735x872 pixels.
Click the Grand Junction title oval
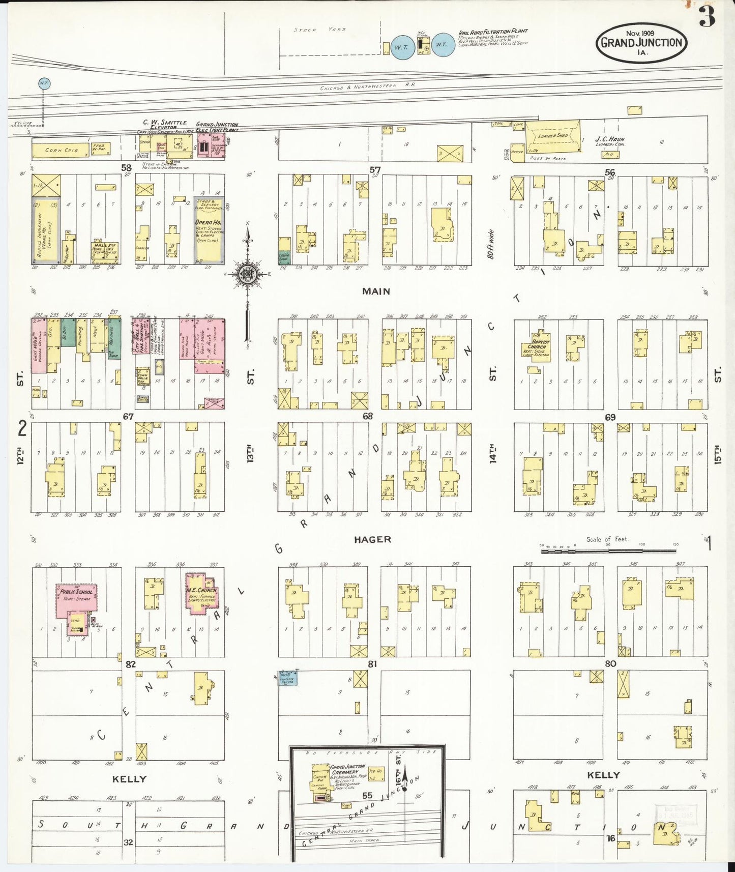[x=641, y=43]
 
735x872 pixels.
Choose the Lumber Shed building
[x=552, y=136]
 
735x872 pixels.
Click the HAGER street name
[x=373, y=539]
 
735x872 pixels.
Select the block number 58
[x=126, y=167]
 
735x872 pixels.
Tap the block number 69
[x=610, y=417]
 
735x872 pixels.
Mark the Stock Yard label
[x=320, y=30]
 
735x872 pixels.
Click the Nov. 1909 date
[x=640, y=33]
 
